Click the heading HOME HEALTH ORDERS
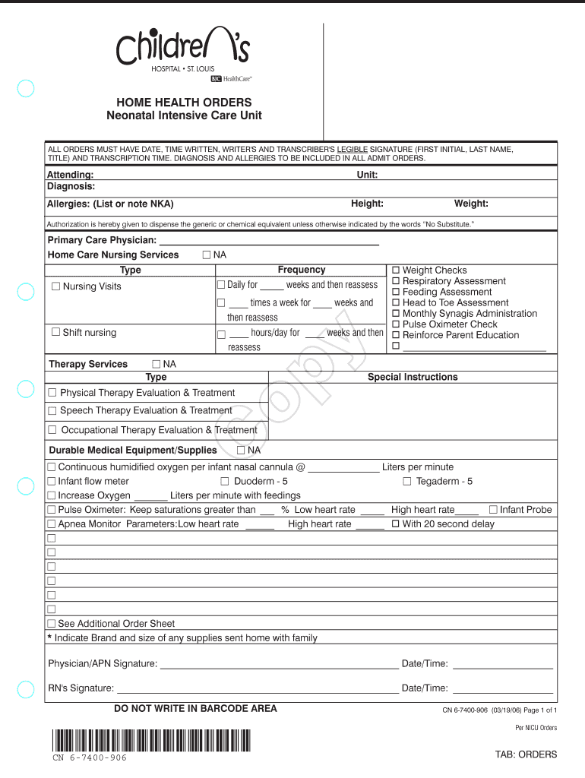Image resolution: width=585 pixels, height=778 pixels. click(x=184, y=102)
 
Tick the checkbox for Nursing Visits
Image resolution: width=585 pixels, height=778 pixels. click(x=55, y=286)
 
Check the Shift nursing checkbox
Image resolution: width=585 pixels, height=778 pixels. click(x=55, y=332)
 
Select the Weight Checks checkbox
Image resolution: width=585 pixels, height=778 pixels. click(x=396, y=270)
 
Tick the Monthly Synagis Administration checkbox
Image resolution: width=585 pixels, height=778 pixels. click(x=396, y=314)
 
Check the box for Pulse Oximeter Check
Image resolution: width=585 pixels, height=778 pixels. click(x=396, y=324)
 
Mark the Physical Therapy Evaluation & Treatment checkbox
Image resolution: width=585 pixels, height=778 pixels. click(x=52, y=393)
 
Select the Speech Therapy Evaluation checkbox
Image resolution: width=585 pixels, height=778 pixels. click(x=52, y=410)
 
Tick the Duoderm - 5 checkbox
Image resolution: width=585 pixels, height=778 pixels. click(x=225, y=481)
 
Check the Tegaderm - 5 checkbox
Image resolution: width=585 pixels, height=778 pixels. click(x=407, y=481)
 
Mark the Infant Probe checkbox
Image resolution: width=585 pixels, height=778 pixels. click(x=493, y=509)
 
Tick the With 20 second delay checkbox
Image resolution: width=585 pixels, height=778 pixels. click(x=395, y=524)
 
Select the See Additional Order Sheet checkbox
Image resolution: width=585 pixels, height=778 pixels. click(x=52, y=623)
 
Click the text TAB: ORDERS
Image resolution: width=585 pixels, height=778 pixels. click(x=526, y=754)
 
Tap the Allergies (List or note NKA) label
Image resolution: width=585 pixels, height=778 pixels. click(x=110, y=204)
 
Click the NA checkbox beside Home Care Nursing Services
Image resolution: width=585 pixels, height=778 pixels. click(x=207, y=255)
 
